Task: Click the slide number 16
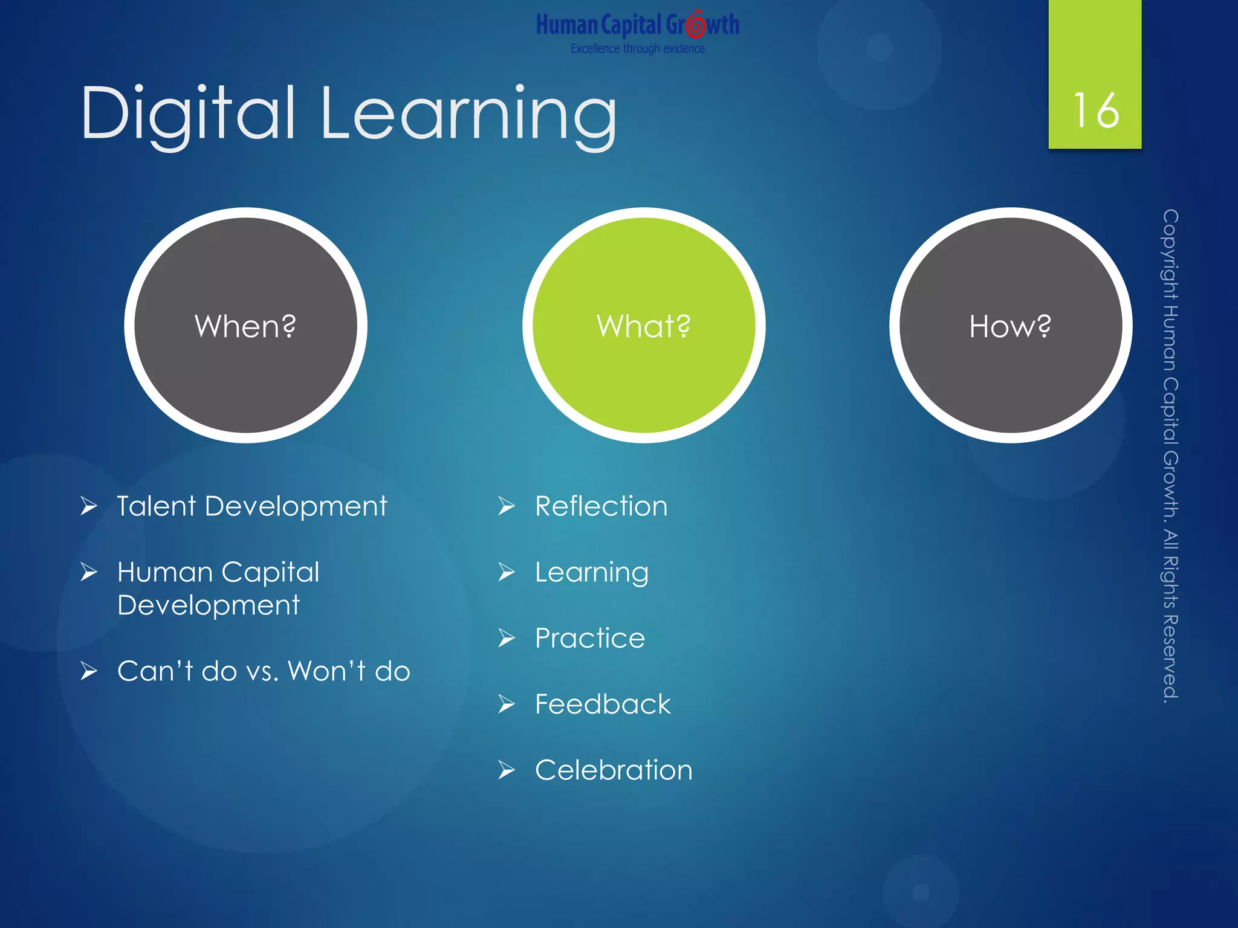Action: (x=1095, y=111)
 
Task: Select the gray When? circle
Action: (x=245, y=326)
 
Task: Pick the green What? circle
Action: (x=644, y=326)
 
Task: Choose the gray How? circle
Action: (x=1010, y=326)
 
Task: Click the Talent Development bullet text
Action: (x=251, y=506)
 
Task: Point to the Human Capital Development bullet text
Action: (x=218, y=588)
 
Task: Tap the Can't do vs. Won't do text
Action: (x=264, y=671)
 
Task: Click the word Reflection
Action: (x=601, y=506)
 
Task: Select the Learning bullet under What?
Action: (x=592, y=573)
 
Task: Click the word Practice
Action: (x=590, y=639)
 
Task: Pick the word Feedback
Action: (x=603, y=704)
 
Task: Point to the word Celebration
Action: (x=614, y=770)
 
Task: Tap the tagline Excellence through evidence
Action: (x=638, y=49)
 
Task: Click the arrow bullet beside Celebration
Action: (x=507, y=770)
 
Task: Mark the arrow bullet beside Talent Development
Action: (x=89, y=506)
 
